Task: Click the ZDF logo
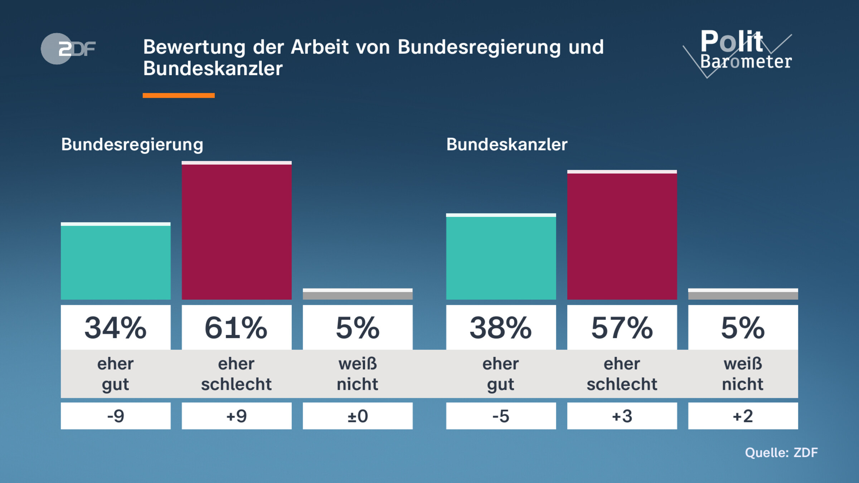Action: click(68, 49)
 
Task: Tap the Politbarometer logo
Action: click(741, 52)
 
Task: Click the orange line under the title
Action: click(179, 95)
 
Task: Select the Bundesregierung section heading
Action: click(132, 145)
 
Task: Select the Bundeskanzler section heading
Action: click(506, 145)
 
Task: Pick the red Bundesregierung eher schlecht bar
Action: click(237, 231)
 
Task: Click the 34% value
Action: click(116, 328)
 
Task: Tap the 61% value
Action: click(237, 328)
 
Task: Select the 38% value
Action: click(501, 328)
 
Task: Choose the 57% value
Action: click(622, 328)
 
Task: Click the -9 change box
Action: click(116, 416)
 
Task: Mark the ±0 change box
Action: click(358, 416)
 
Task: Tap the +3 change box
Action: click(622, 416)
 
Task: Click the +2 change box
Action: click(743, 416)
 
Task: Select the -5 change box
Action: click(501, 416)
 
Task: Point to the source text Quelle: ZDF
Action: click(781, 453)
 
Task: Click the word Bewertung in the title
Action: click(194, 47)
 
